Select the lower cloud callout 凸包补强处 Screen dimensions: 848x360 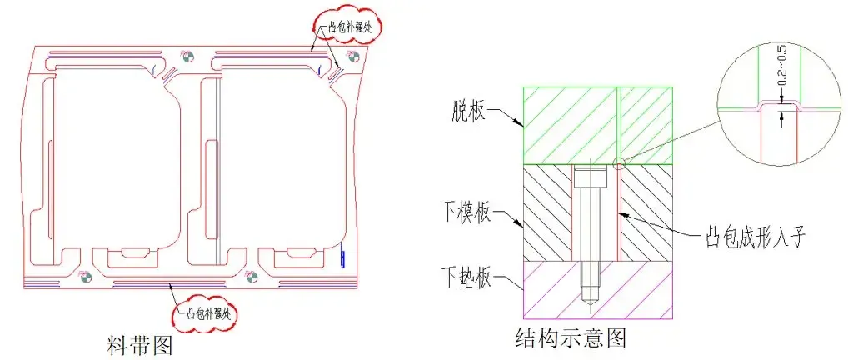click(207, 314)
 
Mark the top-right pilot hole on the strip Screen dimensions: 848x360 click(352, 57)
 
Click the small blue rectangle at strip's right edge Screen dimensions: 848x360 click(342, 258)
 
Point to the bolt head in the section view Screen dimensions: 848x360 click(590, 177)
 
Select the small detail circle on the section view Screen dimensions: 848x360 click(619, 162)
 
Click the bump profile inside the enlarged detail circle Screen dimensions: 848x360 click(781, 106)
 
